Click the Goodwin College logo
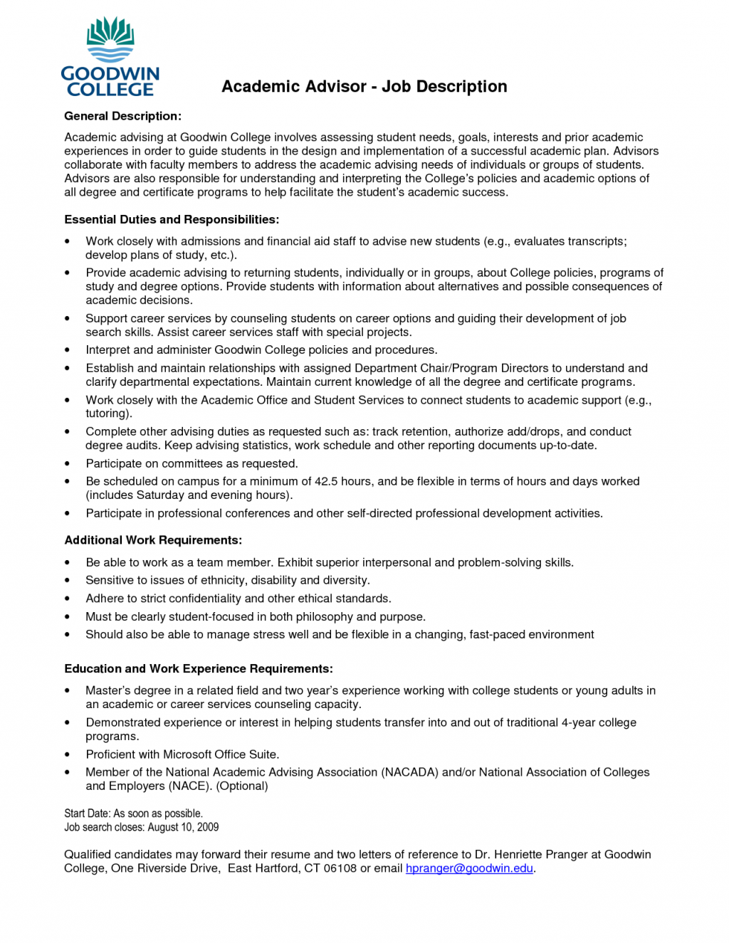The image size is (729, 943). pyautogui.click(x=110, y=57)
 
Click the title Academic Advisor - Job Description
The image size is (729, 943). pyautogui.click(x=364, y=87)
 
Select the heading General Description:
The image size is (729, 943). pyautogui.click(x=122, y=116)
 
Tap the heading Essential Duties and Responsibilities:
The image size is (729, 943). pyautogui.click(x=172, y=219)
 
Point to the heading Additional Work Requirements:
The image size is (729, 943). pyautogui.click(x=153, y=540)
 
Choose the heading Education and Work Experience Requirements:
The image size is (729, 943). pyautogui.click(x=199, y=668)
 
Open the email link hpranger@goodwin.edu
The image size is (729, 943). pyautogui.click(x=469, y=868)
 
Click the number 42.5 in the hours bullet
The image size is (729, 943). pyautogui.click(x=326, y=481)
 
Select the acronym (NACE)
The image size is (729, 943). pyautogui.click(x=189, y=786)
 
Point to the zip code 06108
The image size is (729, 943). pyautogui.click(x=340, y=868)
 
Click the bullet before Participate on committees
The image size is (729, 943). pyautogui.click(x=68, y=464)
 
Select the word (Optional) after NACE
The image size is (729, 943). pyautogui.click(x=242, y=786)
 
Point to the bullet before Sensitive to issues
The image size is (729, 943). pyautogui.click(x=68, y=581)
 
